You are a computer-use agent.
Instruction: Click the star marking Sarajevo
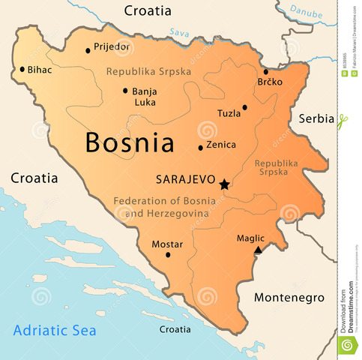223,183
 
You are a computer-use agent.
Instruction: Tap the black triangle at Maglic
259,250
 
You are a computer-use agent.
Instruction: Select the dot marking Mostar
168,255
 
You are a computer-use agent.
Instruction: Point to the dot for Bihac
22,70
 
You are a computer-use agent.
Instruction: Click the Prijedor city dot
88,51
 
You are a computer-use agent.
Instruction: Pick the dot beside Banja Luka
125,91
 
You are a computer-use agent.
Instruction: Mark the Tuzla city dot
245,107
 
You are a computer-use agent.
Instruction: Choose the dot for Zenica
200,148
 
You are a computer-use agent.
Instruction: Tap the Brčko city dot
266,72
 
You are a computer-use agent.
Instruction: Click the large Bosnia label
130,142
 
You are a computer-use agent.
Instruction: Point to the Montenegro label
289,298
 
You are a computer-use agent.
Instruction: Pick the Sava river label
180,33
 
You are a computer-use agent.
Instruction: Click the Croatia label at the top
148,11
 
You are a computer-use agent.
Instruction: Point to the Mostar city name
167,244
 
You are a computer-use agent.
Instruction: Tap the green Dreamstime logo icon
346,345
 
